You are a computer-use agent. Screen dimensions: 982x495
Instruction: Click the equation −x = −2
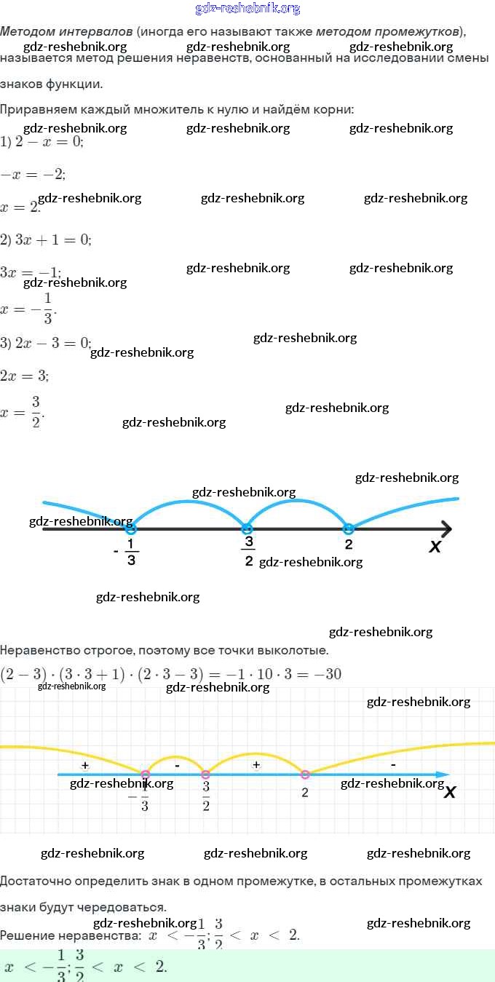(33, 174)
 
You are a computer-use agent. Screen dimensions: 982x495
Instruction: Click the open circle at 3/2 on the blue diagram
(247, 529)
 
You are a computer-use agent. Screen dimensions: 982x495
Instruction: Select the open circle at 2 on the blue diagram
(348, 528)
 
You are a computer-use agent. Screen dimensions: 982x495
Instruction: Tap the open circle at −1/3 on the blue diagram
(131, 529)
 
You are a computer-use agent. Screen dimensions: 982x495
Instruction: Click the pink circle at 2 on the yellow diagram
(305, 775)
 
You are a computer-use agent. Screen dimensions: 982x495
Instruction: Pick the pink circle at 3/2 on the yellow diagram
(206, 775)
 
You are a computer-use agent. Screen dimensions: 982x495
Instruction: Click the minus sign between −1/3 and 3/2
(177, 765)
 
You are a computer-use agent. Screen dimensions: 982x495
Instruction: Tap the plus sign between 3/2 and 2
(256, 765)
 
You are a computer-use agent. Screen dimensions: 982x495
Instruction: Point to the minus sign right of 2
(393, 765)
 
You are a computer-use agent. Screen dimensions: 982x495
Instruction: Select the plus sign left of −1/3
(85, 766)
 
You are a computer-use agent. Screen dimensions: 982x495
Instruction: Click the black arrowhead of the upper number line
(445, 529)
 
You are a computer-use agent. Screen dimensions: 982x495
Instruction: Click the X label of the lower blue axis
(450, 792)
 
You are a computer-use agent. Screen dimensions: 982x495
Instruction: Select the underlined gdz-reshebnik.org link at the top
(247, 9)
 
